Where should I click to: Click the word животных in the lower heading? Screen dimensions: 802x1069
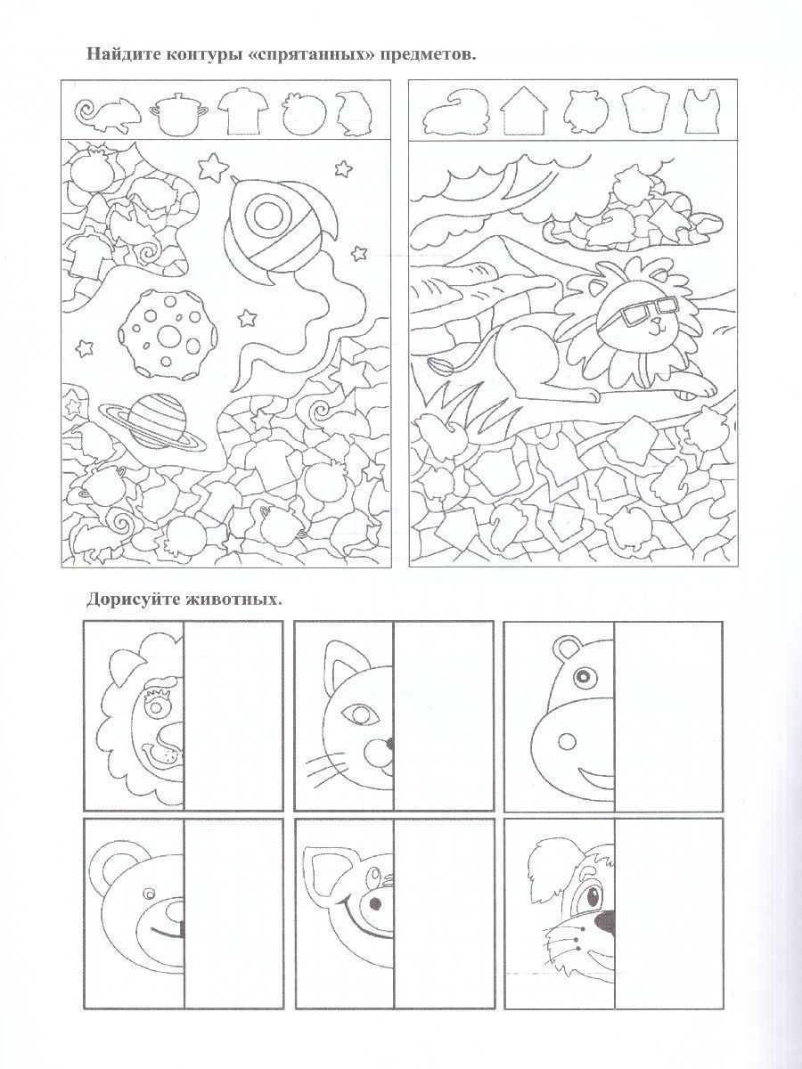(233, 600)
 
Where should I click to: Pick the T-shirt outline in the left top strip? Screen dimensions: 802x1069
(242, 112)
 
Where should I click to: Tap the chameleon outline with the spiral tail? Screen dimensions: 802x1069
(108, 114)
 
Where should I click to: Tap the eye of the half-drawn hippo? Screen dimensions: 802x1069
(582, 676)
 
